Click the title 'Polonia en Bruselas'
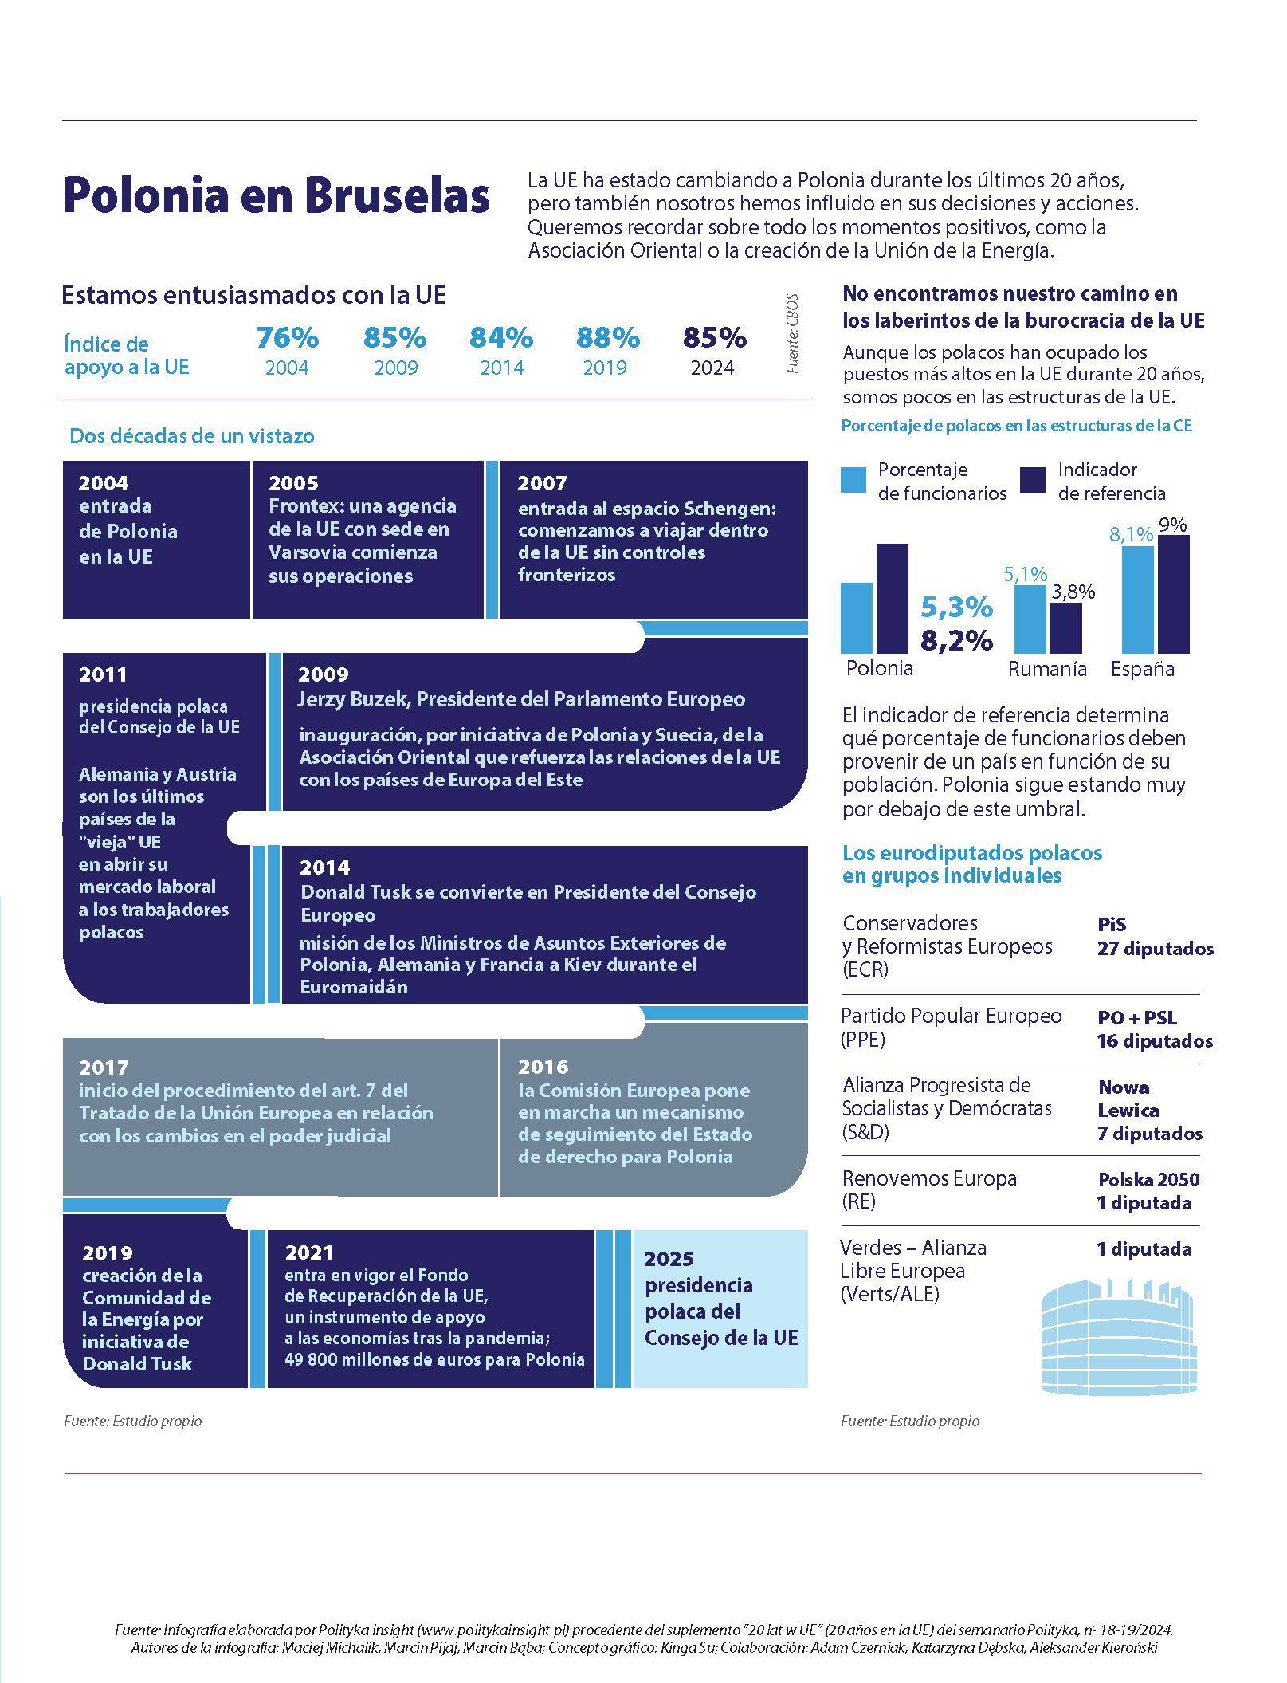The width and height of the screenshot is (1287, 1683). [x=276, y=196]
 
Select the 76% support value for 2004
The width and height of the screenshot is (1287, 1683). [x=287, y=338]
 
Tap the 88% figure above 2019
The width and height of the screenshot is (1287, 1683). [x=608, y=338]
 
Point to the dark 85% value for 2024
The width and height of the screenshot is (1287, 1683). [x=715, y=338]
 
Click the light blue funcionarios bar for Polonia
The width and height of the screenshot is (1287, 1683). [x=857, y=618]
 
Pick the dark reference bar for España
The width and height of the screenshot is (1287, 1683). [x=1174, y=594]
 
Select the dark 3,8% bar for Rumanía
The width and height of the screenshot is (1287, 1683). [x=1066, y=628]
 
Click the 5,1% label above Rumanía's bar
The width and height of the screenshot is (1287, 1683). [x=1026, y=574]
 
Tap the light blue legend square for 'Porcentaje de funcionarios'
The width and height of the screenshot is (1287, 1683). [x=853, y=481]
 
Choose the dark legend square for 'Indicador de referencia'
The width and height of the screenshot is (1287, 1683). [x=1033, y=481]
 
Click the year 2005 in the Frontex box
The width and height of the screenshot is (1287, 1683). [x=293, y=483]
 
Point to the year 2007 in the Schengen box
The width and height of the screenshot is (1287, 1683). [x=542, y=483]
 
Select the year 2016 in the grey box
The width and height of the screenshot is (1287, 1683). [x=543, y=1067]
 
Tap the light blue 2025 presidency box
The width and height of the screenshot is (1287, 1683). [x=720, y=1309]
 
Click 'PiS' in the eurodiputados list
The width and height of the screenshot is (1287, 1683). [x=1112, y=925]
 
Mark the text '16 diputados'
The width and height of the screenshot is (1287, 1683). [x=1155, y=1041]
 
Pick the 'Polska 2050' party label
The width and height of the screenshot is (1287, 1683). [x=1148, y=1179]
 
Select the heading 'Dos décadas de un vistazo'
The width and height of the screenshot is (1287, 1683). [x=192, y=436]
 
